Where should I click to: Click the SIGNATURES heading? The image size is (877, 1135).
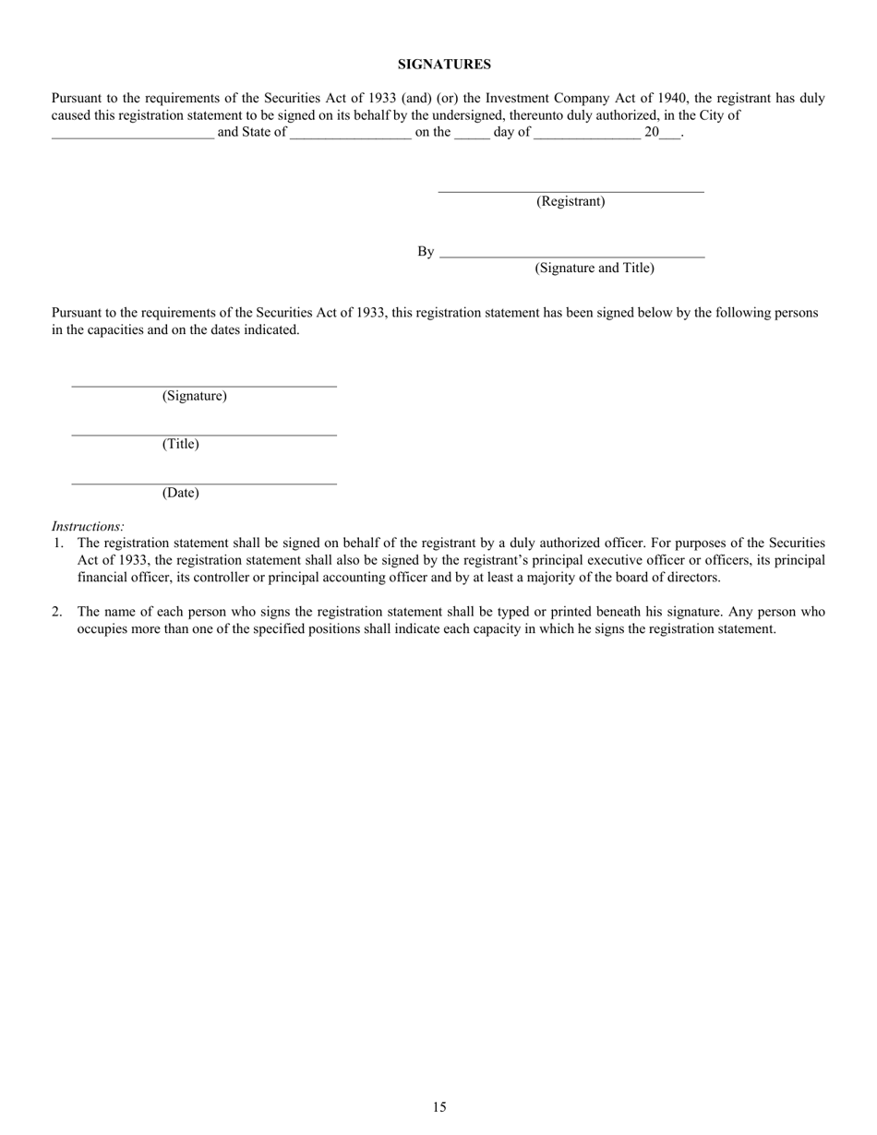point(444,65)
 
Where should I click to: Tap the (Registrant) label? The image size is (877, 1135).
point(571,201)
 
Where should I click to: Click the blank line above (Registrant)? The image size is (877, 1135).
point(571,191)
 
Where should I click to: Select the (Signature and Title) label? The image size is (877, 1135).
point(594,268)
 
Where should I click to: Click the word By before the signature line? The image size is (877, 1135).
point(425,252)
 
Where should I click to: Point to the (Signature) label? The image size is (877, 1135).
point(194,396)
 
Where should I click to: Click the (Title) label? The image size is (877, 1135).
point(180,444)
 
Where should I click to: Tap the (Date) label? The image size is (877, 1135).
point(180,493)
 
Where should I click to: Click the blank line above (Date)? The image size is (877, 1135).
point(204,483)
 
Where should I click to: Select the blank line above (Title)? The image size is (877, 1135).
point(204,434)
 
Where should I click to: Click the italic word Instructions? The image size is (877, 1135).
point(88,526)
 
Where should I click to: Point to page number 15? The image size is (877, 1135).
point(438,1107)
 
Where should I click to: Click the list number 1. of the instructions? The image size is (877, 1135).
point(58,544)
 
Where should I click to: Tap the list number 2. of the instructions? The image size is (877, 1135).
point(58,612)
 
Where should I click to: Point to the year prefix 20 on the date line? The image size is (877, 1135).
point(652,132)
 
